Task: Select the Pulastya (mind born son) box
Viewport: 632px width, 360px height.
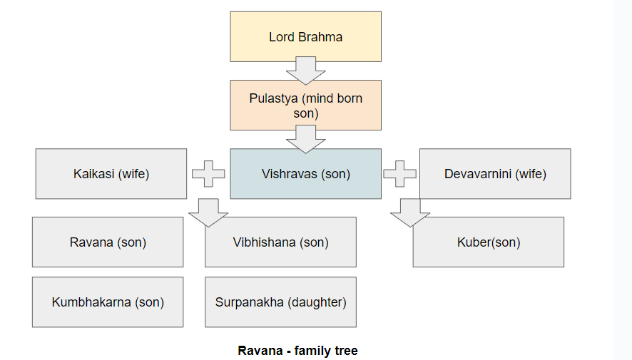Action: [x=305, y=106]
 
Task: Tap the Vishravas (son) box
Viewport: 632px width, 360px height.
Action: [x=305, y=174]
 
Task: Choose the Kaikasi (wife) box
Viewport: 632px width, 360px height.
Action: [x=111, y=174]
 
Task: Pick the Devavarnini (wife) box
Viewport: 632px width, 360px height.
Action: [x=495, y=174]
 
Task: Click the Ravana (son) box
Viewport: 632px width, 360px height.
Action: [x=108, y=242]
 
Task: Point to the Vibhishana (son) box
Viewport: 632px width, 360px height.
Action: [x=280, y=242]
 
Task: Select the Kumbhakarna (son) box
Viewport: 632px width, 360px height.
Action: [x=108, y=302]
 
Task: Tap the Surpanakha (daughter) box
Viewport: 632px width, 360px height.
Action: [x=280, y=302]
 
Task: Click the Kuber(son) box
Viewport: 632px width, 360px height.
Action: [x=489, y=242]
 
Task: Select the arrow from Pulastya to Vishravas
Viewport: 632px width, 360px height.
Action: [x=305, y=138]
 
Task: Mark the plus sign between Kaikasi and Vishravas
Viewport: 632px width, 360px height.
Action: [x=208, y=173]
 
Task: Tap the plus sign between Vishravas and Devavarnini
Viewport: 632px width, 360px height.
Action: [x=400, y=173]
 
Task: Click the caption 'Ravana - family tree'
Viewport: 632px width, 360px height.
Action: [x=297, y=351]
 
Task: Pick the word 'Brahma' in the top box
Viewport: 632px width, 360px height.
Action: [x=320, y=37]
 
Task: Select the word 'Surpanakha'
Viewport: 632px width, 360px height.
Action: [x=250, y=302]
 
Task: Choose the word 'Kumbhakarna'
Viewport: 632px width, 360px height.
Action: [x=91, y=302]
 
